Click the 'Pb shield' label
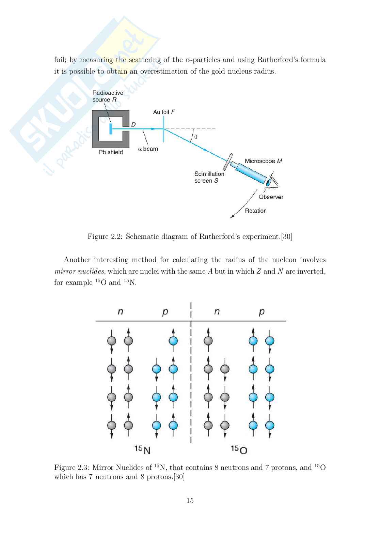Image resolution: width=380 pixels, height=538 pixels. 111,152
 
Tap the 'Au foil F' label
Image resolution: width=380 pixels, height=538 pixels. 164,112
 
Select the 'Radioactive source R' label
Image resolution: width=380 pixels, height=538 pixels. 108,96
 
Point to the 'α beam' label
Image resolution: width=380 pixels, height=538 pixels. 148,149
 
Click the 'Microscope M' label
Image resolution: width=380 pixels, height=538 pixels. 263,161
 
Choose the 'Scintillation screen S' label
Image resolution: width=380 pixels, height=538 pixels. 209,177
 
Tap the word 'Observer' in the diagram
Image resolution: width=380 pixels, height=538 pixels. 271,197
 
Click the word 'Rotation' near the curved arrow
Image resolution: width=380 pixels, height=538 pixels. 256,211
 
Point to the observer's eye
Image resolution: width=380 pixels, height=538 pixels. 270,182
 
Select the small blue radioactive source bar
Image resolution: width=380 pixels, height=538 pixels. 111,129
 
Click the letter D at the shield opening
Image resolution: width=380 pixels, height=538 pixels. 133,125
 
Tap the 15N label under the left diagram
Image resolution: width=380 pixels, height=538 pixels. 142,449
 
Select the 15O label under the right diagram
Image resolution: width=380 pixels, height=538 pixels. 239,449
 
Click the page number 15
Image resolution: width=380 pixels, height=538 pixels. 190,501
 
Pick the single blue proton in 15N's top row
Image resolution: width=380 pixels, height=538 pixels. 173,340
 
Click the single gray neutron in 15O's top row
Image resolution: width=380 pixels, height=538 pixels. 208,340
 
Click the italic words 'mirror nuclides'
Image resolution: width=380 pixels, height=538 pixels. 79,271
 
